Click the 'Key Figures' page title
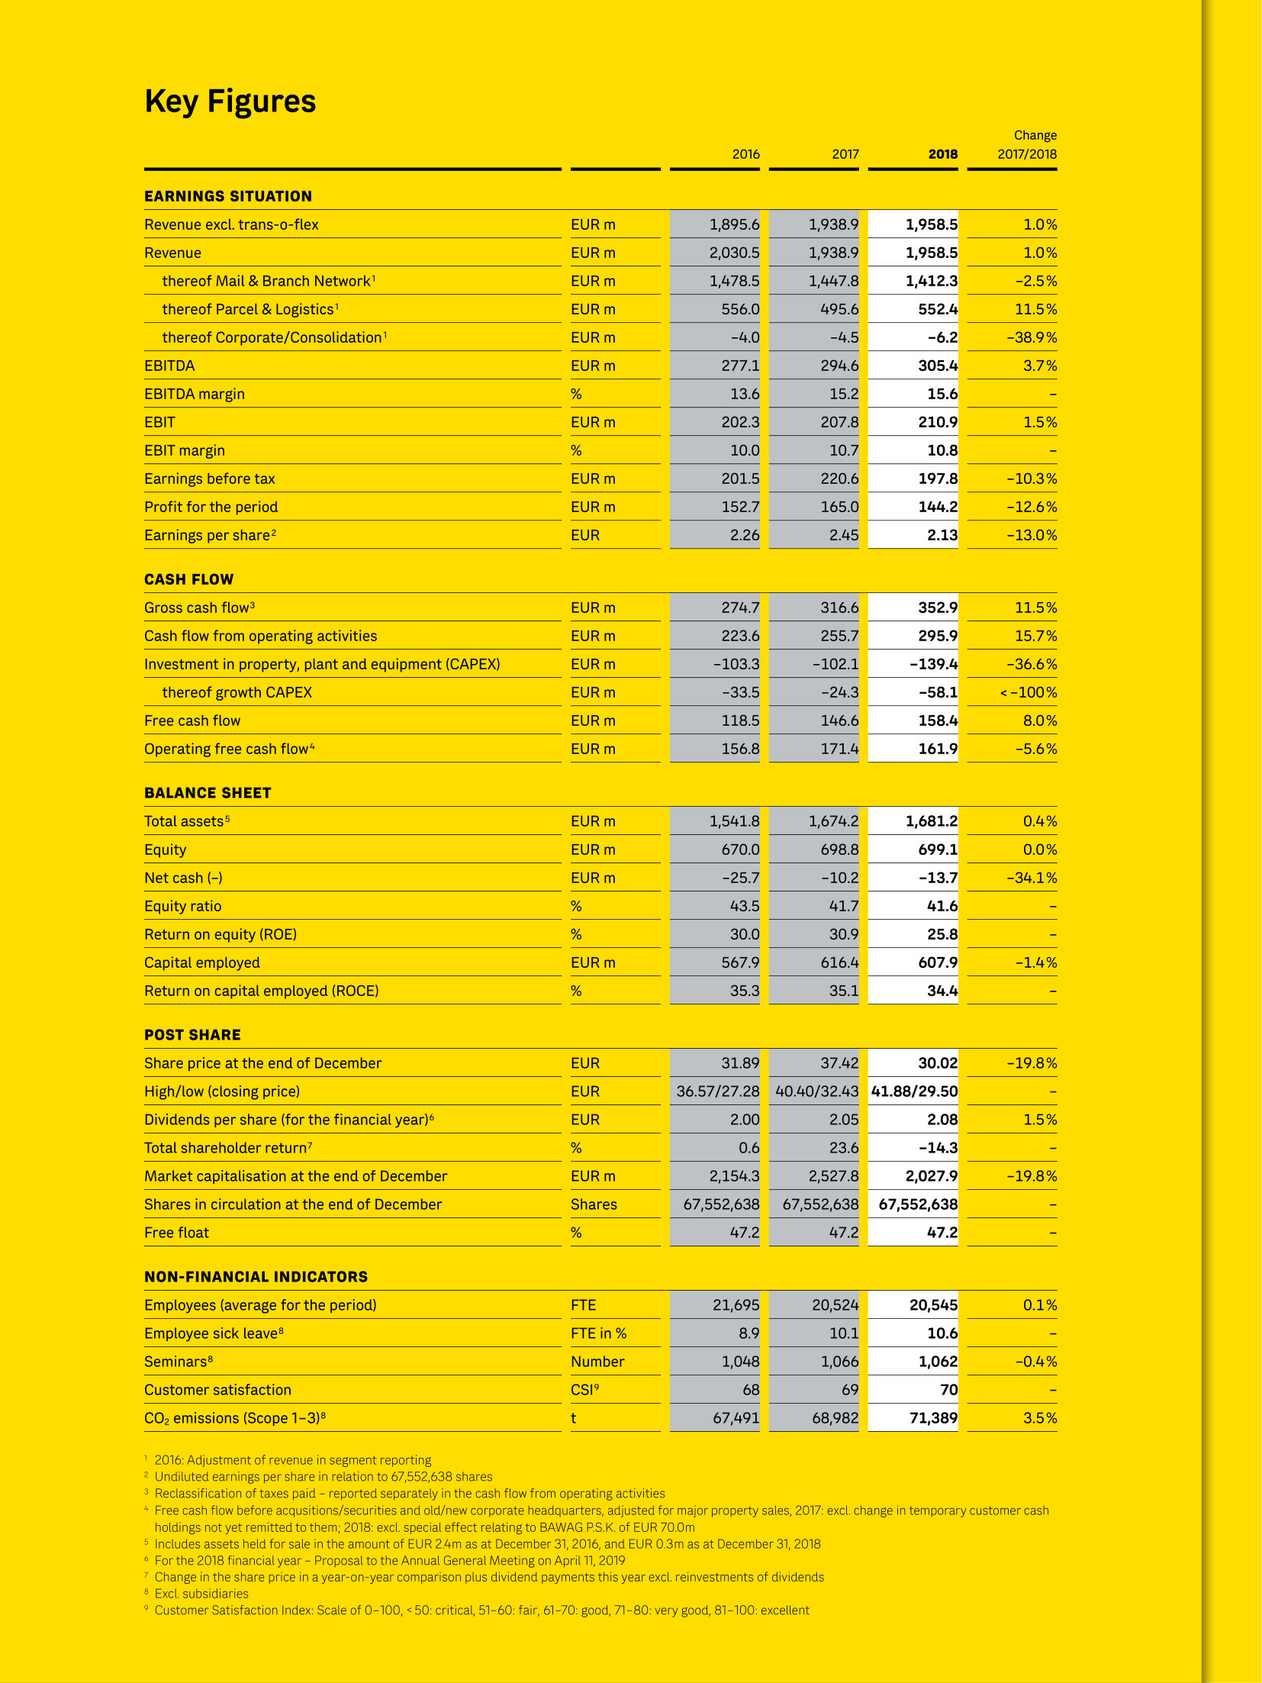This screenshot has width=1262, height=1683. (230, 102)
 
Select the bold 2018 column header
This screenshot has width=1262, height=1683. (942, 154)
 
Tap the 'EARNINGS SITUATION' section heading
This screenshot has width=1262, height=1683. (228, 196)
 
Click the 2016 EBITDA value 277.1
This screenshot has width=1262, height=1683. (740, 366)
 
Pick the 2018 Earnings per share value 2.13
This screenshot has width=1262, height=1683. (942, 535)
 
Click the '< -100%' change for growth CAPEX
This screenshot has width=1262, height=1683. (1028, 692)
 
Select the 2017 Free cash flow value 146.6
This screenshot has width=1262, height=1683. (839, 721)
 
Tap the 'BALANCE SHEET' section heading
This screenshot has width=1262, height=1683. (208, 793)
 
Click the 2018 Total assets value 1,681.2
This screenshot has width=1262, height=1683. (931, 821)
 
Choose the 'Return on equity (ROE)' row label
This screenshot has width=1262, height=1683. (221, 934)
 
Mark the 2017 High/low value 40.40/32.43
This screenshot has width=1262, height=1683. (816, 1091)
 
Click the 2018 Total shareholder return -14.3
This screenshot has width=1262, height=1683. (938, 1148)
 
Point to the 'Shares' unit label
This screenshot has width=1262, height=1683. (594, 1204)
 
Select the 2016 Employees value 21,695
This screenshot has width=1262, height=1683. (736, 1305)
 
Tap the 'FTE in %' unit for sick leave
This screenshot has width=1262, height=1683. (598, 1333)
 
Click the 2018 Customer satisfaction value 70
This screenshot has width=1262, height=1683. (948, 1390)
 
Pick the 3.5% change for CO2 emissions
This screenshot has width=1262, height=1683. (1040, 1418)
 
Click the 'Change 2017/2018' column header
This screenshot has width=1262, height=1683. (1027, 145)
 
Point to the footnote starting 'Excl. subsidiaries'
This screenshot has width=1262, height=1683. (201, 1594)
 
